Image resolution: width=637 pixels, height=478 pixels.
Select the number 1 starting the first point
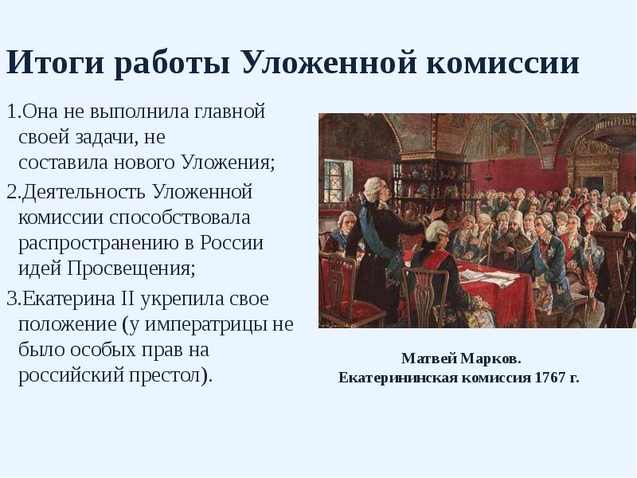coord(10,112)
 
